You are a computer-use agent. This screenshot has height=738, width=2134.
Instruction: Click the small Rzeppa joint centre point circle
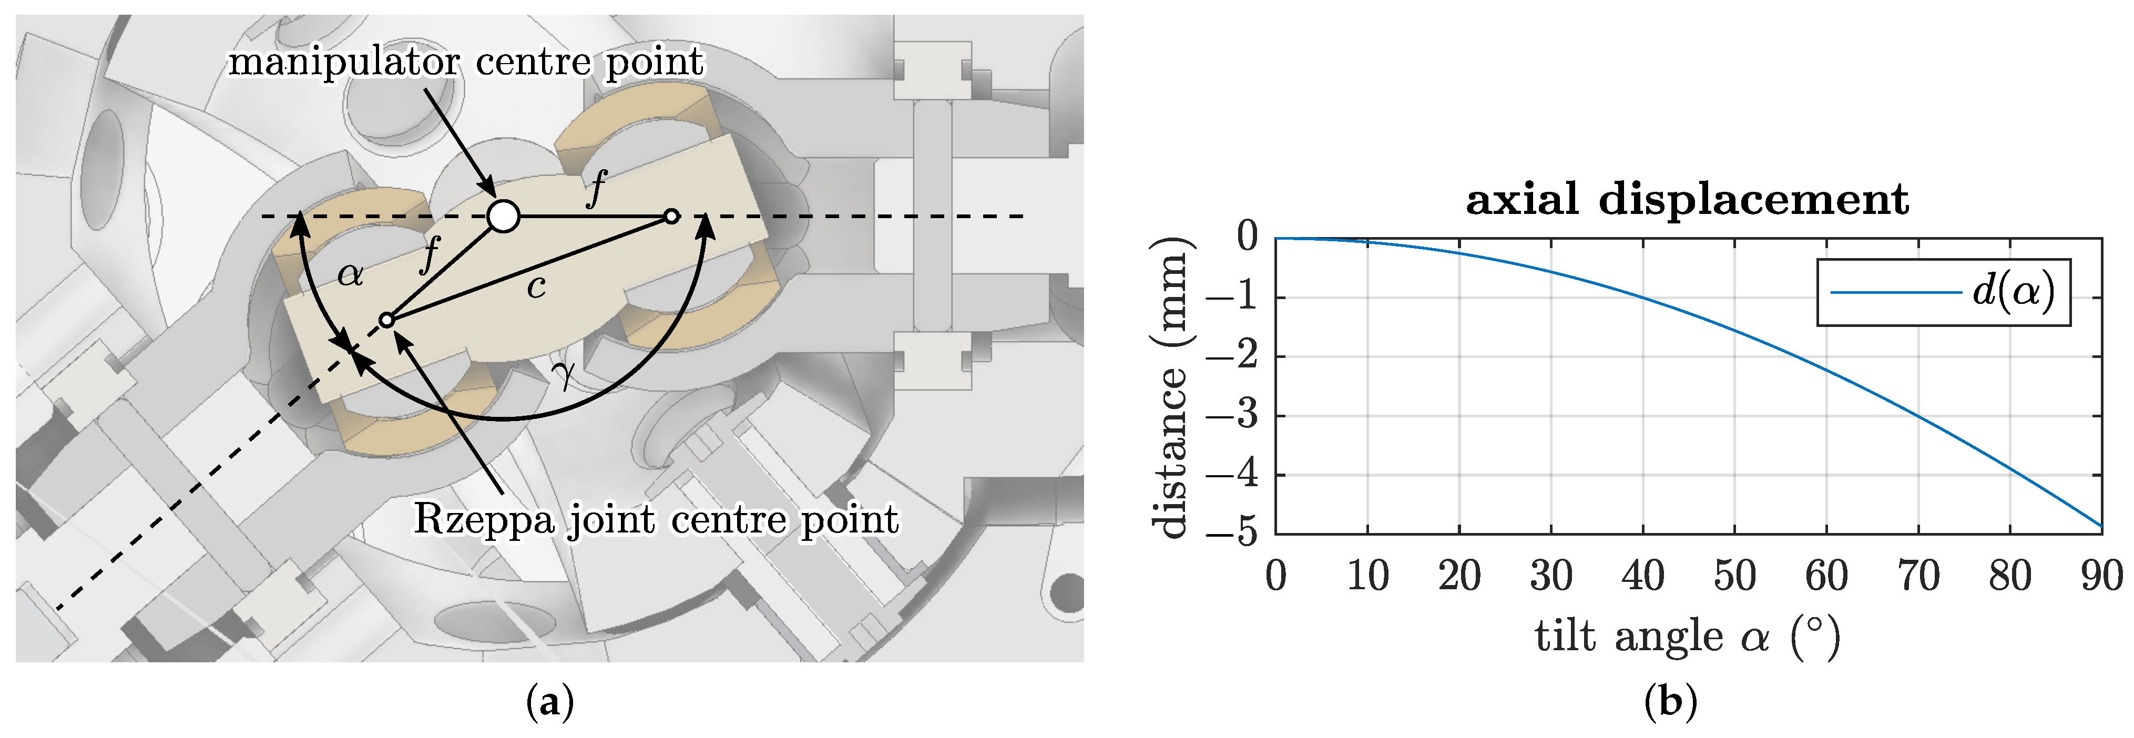coord(386,320)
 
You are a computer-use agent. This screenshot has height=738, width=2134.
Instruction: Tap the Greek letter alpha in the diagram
coord(351,274)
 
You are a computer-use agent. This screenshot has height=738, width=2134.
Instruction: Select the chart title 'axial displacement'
coord(1687,200)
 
